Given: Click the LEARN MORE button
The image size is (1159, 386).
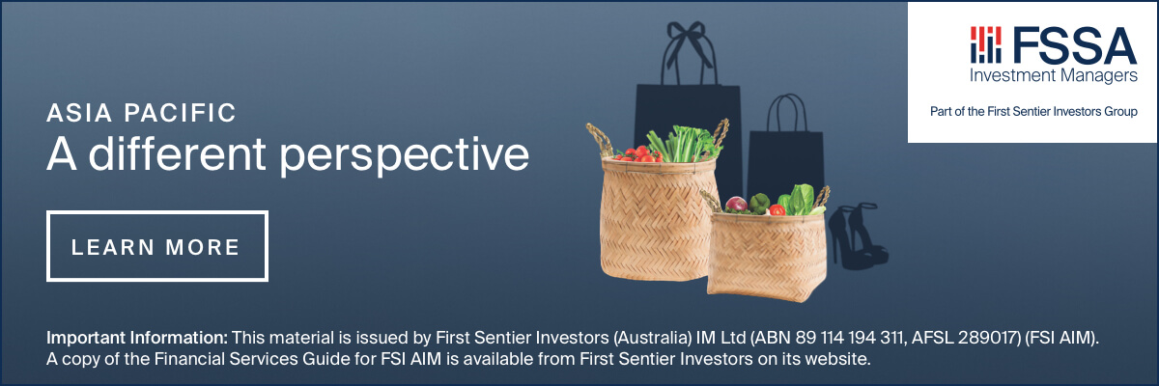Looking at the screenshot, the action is tap(157, 246).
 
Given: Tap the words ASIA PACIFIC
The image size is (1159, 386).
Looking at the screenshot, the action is tap(141, 114).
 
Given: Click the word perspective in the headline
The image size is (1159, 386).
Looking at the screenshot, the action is tap(404, 155).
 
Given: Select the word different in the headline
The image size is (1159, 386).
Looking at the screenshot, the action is tap(177, 153).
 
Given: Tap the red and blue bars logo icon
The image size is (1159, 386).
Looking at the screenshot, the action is tap(986, 45).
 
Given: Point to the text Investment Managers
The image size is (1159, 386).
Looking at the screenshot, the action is tap(1054, 76).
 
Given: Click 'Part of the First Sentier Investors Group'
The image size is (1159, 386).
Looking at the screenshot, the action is tap(1033, 112).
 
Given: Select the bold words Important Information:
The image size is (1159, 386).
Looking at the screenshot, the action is tap(137, 338).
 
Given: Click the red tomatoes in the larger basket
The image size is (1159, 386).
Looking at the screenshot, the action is tap(637, 154).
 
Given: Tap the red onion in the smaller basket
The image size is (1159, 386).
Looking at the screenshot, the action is tap(736, 205).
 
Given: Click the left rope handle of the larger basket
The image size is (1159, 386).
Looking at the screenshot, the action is tap(600, 139).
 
